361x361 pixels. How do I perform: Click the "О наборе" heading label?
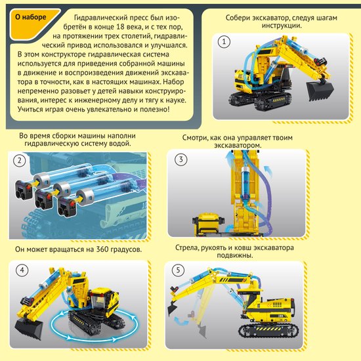(31, 17)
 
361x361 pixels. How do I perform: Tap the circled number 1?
(224, 42)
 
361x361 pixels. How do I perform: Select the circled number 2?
(19, 160)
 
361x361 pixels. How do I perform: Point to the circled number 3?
(180, 159)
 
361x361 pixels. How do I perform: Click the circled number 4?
(22, 270)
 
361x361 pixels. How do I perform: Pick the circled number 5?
(178, 270)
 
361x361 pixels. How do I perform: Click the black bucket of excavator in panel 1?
(320, 91)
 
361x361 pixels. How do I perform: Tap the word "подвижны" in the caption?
(235, 255)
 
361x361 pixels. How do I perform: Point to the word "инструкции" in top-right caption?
(282, 26)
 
